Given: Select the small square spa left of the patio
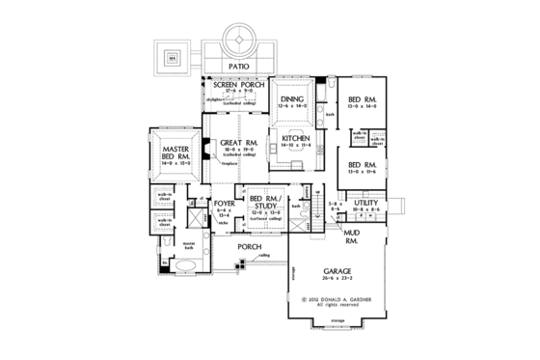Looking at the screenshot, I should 174,56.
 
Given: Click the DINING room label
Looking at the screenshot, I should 293,98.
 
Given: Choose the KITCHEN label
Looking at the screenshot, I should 294,138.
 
